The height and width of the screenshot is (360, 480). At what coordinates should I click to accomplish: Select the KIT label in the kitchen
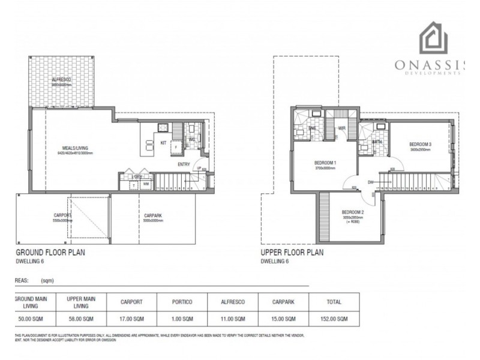[162, 142]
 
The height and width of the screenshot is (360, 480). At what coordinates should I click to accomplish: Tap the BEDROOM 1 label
[326, 163]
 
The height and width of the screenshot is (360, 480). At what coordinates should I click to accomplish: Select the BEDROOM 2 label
[353, 213]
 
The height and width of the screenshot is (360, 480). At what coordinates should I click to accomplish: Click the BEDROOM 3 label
[421, 145]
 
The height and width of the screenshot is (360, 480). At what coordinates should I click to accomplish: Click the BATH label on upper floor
[377, 142]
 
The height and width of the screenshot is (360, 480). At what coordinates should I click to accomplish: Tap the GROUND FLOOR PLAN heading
[50, 253]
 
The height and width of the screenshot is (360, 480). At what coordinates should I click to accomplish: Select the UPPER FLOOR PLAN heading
[292, 253]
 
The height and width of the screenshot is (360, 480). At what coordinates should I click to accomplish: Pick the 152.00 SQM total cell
[334, 319]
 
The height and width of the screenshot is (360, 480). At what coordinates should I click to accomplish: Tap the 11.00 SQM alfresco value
[233, 319]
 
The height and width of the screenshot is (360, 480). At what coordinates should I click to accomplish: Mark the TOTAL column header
[334, 302]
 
